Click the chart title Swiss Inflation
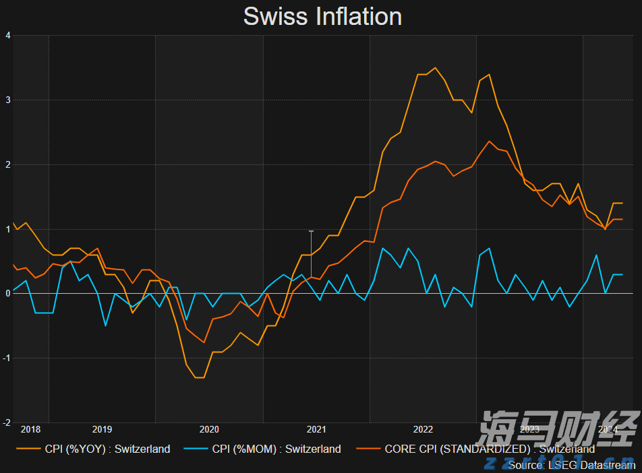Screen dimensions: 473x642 (322, 16)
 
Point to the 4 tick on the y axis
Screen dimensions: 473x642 (7, 36)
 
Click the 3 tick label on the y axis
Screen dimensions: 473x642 (7, 100)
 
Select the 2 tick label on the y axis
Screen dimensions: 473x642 (7, 164)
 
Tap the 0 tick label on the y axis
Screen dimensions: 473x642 (7, 294)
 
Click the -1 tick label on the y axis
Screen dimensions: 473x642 (6, 358)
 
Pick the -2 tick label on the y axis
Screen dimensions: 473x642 (6, 422)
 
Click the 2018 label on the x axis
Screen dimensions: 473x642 (31, 429)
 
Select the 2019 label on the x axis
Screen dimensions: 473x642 (102, 429)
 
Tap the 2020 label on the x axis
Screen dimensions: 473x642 (209, 429)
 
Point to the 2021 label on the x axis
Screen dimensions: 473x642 (316, 429)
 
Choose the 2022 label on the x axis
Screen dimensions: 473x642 (423, 429)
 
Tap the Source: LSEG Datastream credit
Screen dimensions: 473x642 (571, 465)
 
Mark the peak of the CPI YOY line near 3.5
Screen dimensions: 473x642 (436, 67)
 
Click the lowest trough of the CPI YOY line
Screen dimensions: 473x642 (200, 377)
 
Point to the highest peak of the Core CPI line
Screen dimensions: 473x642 (489, 141)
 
